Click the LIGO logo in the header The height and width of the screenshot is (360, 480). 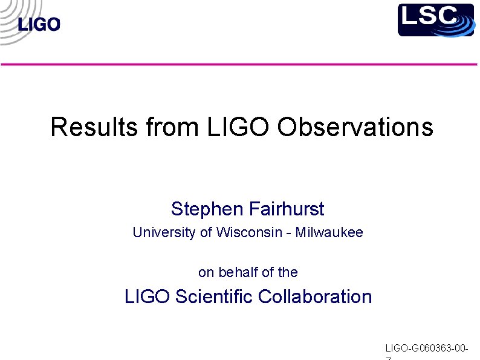pyautogui.click(x=39, y=24)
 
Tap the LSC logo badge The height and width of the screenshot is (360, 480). pyautogui.click(x=435, y=19)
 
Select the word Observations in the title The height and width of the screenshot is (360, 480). pyautogui.click(x=355, y=127)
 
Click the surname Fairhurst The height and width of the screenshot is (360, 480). pyautogui.click(x=287, y=209)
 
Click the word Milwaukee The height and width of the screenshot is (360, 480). pyautogui.click(x=329, y=232)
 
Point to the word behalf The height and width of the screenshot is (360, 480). pyautogui.click(x=238, y=272)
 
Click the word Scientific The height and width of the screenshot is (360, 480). pyautogui.click(x=214, y=296)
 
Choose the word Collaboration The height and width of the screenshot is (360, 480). pyautogui.click(x=315, y=296)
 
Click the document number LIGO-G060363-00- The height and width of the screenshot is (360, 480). pyautogui.click(x=427, y=348)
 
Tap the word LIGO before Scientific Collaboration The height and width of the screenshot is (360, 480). pyautogui.click(x=148, y=296)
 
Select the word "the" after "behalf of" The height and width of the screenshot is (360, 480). pyautogui.click(x=288, y=272)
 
